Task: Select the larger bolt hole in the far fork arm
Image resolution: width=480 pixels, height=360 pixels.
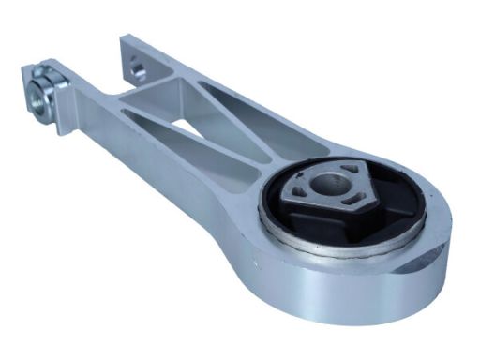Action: pos(139,67)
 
